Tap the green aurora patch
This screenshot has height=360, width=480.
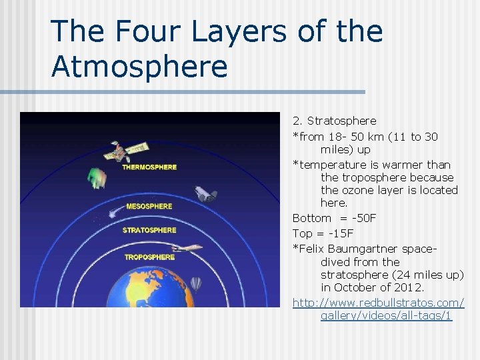97,178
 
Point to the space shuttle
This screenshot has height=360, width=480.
205,193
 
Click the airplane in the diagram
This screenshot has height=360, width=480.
191,247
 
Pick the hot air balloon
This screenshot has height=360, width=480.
195,285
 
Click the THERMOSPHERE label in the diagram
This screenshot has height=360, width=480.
149,167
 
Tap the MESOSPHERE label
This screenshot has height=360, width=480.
149,206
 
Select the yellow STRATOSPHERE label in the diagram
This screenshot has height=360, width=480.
149,231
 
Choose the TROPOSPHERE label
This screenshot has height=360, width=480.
149,257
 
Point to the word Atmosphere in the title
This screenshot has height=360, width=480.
139,67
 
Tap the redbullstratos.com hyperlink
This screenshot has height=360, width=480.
379,303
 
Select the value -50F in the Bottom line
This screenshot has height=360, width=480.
366,218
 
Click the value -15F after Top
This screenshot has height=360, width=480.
342,233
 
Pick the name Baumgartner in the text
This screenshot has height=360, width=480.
364,249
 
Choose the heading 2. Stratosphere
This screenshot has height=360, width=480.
334,121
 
